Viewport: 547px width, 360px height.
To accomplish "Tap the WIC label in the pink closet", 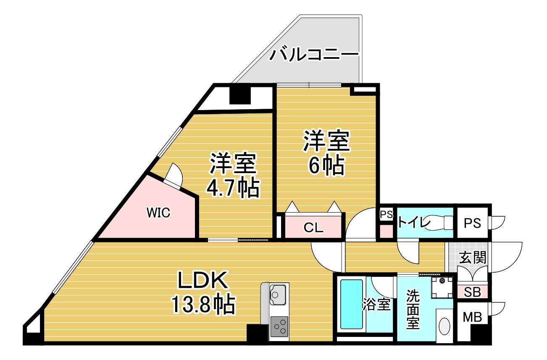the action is (158, 213).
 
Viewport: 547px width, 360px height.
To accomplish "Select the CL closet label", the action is (313, 228).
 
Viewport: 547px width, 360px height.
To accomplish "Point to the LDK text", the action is (202, 280).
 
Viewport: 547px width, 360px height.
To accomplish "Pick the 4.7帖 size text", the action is (232, 188).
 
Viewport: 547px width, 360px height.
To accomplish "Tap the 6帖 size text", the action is (326, 166).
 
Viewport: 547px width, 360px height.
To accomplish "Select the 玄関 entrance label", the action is (473, 258).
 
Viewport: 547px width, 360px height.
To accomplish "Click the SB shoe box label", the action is (472, 292).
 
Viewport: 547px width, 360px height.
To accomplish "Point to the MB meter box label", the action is (473, 317).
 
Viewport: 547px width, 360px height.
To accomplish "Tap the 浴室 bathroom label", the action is (376, 304).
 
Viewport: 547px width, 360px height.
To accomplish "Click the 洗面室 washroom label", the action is (413, 309).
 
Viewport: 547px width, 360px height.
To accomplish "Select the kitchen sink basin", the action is (278, 295).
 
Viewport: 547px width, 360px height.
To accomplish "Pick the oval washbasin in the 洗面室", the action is (444, 326).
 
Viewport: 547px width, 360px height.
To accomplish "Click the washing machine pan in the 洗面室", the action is (442, 287).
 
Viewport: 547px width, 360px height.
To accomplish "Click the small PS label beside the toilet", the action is (387, 214).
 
